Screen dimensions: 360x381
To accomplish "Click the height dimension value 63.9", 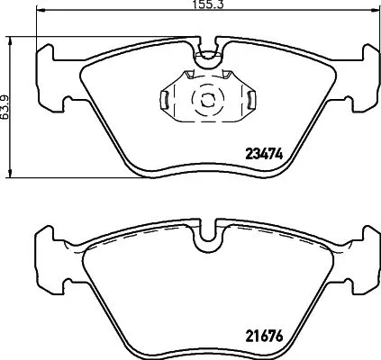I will [7, 105].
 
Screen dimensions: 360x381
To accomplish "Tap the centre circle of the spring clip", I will [206, 100].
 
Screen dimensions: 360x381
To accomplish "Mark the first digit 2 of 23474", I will [249, 152].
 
